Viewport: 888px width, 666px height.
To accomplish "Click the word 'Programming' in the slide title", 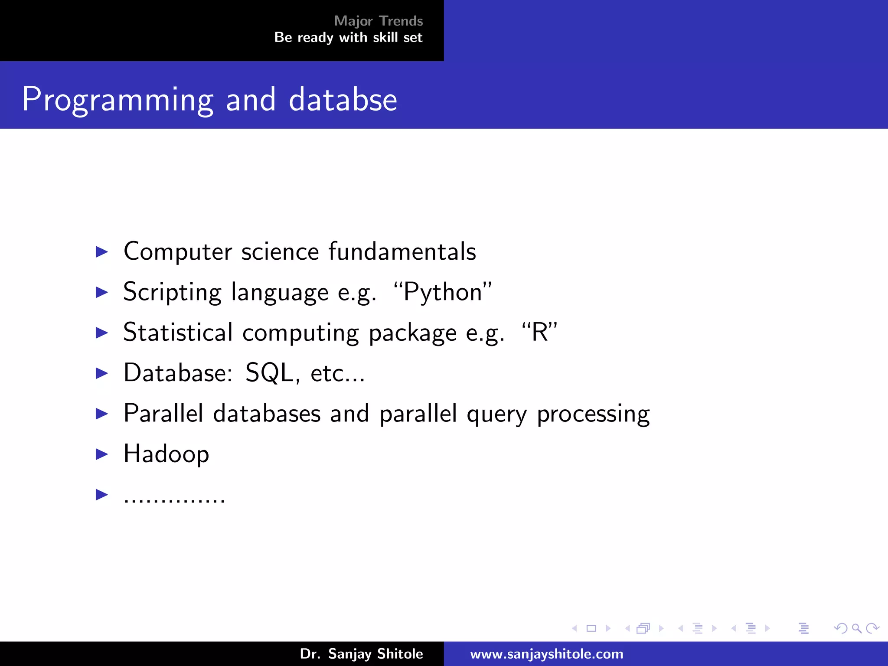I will (x=118, y=100).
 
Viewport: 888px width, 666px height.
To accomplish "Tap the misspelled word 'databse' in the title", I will (x=343, y=99).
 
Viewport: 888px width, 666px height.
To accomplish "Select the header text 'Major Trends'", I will (x=378, y=21).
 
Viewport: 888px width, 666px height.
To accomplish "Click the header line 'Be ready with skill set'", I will (x=348, y=38).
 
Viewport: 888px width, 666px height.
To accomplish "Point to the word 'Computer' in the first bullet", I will (x=178, y=251).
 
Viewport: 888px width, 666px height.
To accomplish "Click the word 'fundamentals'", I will (x=402, y=251).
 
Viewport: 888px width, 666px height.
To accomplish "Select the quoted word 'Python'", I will (x=443, y=292).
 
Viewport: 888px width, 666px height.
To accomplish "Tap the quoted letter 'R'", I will (x=539, y=333).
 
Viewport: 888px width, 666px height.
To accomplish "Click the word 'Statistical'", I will (x=178, y=333).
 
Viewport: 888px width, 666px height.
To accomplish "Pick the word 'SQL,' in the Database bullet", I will (x=272, y=373).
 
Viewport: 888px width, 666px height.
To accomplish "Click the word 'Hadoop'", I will (x=166, y=454).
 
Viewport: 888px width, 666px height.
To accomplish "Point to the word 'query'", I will (x=496, y=414).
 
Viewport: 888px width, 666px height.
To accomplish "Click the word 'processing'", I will (x=593, y=414).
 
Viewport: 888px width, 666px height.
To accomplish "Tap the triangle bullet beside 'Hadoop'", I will (x=101, y=454).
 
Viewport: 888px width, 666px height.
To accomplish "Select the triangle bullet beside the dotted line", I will (x=101, y=494).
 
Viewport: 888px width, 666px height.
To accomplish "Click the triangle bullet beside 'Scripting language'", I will (x=101, y=292).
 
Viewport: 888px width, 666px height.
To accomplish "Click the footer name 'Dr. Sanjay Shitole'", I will (x=361, y=654).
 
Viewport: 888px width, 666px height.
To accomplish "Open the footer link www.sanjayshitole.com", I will (x=546, y=654).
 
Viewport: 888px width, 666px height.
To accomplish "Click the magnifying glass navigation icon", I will (x=856, y=628).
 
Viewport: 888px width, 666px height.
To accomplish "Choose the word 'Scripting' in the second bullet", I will (x=172, y=292).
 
